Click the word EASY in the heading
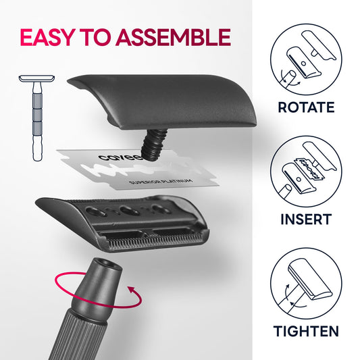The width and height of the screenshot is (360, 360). [47, 37]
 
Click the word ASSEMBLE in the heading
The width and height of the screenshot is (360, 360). [174, 37]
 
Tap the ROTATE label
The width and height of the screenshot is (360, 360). [306, 107]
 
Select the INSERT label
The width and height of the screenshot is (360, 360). [306, 220]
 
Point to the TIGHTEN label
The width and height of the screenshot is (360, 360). [306, 331]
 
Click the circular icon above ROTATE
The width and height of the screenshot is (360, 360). [306, 59]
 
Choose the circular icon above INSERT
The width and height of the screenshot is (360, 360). [306, 172]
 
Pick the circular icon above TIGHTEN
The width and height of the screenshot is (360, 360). [306, 283]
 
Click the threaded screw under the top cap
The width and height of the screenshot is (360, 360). [154, 144]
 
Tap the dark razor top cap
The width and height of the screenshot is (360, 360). [163, 101]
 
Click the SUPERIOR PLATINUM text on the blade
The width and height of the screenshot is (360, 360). [160, 181]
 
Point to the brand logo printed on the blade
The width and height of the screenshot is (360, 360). [120, 157]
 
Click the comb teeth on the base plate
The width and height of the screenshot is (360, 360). [156, 242]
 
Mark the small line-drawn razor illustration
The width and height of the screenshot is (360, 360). [36, 118]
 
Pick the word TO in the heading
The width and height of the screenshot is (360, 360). [95, 37]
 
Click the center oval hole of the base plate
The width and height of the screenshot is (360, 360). [129, 211]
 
